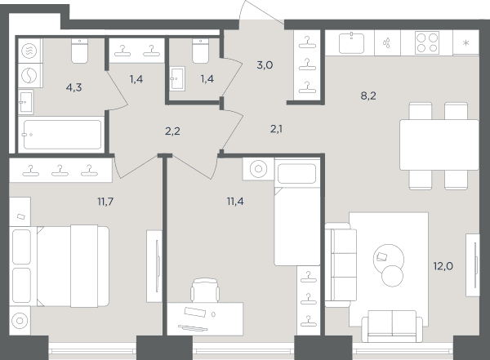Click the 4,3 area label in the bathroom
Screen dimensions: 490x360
74,87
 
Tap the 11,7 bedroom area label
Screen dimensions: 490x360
105,202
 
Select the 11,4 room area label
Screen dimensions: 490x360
235,202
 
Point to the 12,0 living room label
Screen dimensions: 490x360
443,266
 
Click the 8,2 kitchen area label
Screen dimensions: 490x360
368,96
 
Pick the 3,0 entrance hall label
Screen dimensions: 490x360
265,65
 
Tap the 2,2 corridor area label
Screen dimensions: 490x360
172,131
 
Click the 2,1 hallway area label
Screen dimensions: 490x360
276,128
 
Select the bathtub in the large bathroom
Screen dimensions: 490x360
61,135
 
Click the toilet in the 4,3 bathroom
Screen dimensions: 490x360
80,51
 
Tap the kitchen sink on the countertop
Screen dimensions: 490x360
351,43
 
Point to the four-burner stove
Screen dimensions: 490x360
427,42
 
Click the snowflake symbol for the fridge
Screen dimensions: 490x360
465,42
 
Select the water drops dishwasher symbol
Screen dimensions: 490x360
387,42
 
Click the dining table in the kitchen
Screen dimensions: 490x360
439,144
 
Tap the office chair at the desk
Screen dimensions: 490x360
205,290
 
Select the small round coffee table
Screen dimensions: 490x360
393,276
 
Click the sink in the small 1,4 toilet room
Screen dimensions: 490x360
177,78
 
